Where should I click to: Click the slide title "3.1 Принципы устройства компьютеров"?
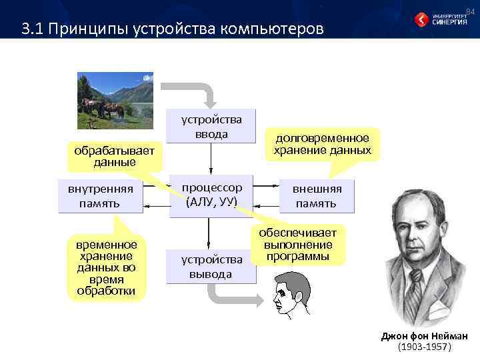pyautogui.click(x=172, y=29)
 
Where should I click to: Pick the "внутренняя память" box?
pyautogui.click(x=100, y=195)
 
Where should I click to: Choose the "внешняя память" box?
pyautogui.click(x=317, y=195)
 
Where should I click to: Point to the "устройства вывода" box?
pyautogui.click(x=211, y=266)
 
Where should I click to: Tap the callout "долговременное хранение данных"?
pyautogui.click(x=322, y=144)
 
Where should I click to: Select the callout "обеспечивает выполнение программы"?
pyautogui.click(x=298, y=244)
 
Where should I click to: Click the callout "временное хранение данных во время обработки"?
pyautogui.click(x=106, y=267)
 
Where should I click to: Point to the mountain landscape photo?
pyautogui.click(x=115, y=100)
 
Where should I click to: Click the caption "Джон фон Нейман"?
pyautogui.click(x=424, y=336)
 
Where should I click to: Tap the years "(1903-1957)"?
pyautogui.click(x=424, y=347)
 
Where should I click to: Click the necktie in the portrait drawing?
pyautogui.click(x=418, y=287)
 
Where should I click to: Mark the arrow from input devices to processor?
pyautogui.click(x=211, y=159)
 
